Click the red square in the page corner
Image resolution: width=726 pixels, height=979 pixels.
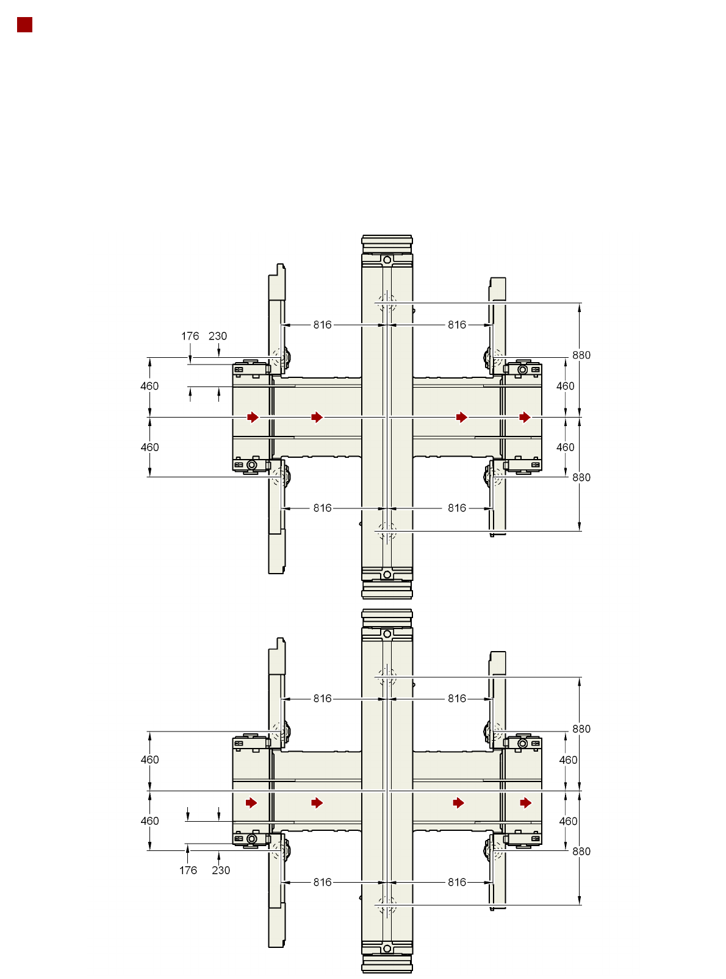point(25,25)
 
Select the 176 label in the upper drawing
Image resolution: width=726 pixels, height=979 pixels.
point(190,336)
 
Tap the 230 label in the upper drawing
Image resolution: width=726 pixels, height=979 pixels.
point(218,336)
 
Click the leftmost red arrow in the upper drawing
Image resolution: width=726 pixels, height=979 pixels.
point(253,417)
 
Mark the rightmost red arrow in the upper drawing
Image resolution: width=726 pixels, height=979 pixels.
point(525,417)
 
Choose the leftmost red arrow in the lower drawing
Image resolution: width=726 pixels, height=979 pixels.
point(251,803)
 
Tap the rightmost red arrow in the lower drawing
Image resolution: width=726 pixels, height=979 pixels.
point(526,803)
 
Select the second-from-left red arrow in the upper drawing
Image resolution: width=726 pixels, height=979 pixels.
point(317,417)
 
